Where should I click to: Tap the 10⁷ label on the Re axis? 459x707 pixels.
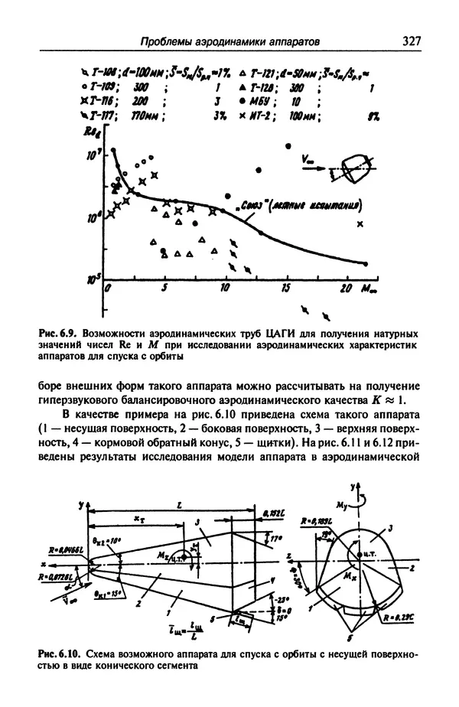pos(96,156)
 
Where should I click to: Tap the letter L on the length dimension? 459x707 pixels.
pos(177,507)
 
